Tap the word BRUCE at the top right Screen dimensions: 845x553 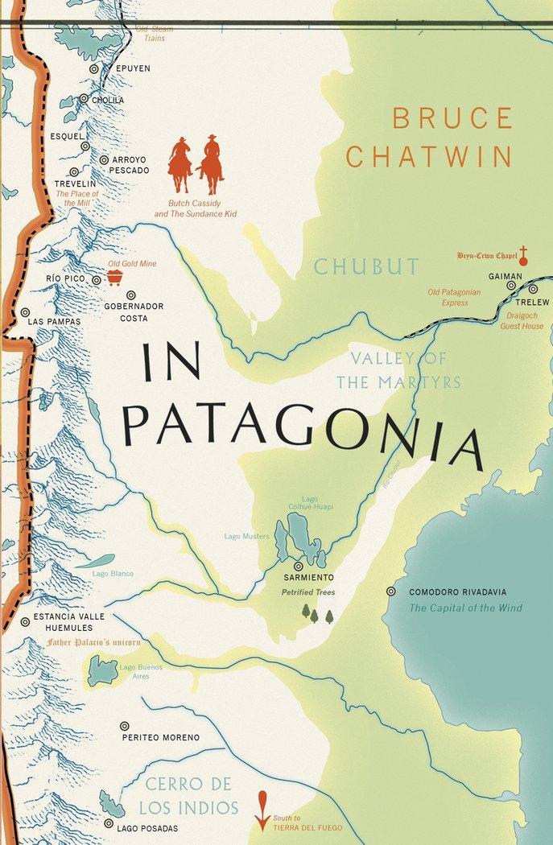click(452, 118)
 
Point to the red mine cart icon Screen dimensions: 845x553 click(115, 278)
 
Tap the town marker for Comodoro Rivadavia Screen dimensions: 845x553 click(392, 591)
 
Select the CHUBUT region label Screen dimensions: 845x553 click(366, 266)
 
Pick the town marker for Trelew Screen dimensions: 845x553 click(532, 288)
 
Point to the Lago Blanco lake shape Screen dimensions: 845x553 click(94, 562)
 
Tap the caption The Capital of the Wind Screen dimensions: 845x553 click(457, 608)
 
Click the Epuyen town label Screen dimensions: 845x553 click(133, 69)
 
